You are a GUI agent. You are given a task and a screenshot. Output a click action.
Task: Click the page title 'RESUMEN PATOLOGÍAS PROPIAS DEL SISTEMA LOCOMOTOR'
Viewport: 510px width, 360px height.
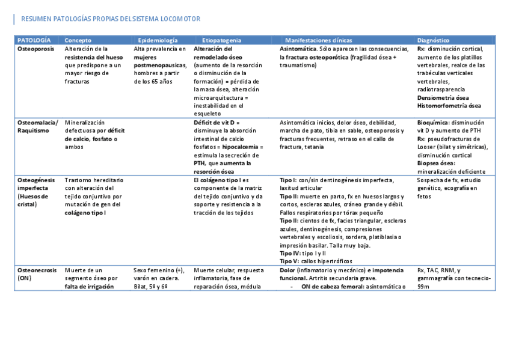111,19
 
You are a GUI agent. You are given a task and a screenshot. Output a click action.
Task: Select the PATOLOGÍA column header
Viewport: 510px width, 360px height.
34,40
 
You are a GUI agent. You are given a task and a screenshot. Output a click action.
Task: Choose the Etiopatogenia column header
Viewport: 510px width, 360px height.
221,40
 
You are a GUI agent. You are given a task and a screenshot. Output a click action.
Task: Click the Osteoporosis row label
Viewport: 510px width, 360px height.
35,48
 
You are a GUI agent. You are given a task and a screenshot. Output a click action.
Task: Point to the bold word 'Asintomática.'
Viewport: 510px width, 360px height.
298,48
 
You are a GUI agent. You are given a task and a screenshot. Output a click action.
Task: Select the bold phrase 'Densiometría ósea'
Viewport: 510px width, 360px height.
443,97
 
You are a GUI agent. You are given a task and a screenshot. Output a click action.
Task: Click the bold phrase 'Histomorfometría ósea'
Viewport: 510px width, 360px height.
449,106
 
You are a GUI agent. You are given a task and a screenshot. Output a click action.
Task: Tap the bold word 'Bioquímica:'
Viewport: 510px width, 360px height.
433,122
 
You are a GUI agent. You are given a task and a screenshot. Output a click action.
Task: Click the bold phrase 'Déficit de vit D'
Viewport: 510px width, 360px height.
214,122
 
